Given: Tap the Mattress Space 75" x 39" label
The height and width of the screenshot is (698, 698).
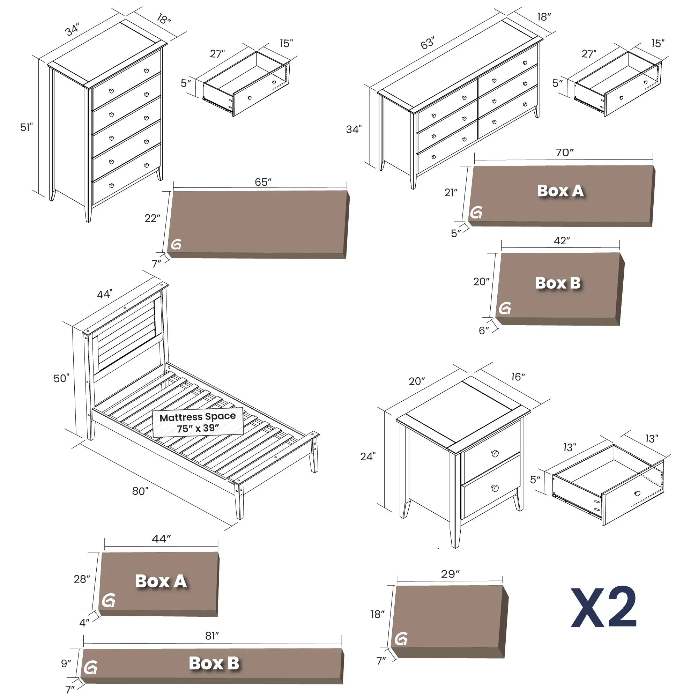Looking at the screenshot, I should [x=198, y=423].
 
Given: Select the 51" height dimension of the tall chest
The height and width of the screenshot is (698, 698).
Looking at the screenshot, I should [x=26, y=127].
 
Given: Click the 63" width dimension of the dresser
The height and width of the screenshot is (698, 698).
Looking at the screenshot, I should [x=428, y=43].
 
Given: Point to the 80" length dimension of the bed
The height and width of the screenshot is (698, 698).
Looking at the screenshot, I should [x=140, y=491].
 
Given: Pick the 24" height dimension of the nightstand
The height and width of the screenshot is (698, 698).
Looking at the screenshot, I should [x=368, y=456].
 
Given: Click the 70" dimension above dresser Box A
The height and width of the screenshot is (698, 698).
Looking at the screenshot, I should [x=564, y=153].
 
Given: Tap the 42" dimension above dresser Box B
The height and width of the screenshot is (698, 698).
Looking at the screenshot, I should [x=562, y=240].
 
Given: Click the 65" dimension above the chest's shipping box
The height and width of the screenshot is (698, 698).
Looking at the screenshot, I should [x=263, y=182].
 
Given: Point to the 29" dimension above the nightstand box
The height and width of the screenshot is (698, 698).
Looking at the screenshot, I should [x=450, y=574].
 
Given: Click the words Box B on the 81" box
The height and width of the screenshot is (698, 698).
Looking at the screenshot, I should [x=214, y=663].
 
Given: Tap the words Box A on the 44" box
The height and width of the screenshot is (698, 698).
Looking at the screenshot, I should [x=161, y=581].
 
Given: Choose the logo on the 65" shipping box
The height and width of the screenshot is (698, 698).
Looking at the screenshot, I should [x=176, y=245].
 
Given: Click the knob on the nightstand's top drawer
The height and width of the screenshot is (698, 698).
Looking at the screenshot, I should [x=495, y=453].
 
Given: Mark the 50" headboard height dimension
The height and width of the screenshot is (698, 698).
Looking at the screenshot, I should [x=61, y=378].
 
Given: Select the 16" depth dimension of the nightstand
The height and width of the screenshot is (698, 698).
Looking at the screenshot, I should [x=518, y=377].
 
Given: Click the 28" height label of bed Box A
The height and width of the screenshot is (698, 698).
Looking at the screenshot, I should [x=82, y=579].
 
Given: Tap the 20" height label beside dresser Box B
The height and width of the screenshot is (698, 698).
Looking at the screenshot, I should [x=481, y=281].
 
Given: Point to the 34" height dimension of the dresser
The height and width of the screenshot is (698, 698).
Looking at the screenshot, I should [x=354, y=129].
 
